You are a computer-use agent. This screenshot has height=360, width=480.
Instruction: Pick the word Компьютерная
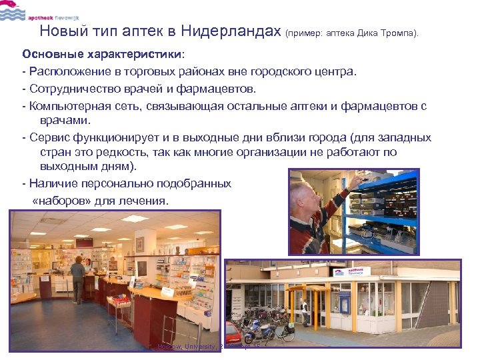tap(72, 105)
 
